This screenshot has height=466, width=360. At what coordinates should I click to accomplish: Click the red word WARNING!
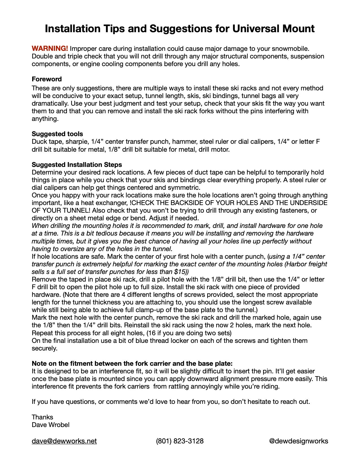tap(50, 49)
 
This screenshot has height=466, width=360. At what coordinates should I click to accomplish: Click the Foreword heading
tap(47, 79)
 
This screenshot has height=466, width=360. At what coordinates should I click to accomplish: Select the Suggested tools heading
tap(57, 134)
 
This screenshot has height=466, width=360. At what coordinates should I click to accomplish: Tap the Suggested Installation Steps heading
tap(77, 165)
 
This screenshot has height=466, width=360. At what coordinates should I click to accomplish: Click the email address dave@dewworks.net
tap(64, 441)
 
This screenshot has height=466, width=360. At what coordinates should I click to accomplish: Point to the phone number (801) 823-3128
tap(180, 441)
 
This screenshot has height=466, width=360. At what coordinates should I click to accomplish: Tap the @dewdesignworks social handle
tap(298, 441)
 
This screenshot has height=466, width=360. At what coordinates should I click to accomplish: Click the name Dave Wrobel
tap(51, 425)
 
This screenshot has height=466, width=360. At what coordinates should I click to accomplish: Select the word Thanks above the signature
tap(42, 417)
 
